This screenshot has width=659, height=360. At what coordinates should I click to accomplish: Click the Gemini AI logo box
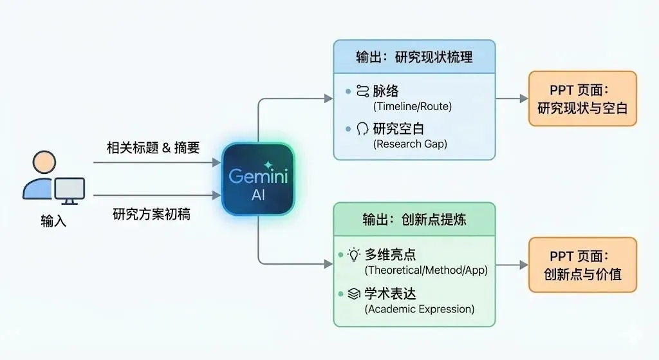[x=258, y=179]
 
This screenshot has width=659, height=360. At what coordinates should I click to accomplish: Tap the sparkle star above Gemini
[x=268, y=165]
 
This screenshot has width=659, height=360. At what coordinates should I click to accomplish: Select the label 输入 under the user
[x=53, y=222]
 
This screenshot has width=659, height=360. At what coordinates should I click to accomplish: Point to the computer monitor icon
[x=70, y=190]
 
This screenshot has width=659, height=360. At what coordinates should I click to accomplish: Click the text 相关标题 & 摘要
[x=153, y=147]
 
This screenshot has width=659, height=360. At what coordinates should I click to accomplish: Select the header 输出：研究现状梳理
[x=414, y=57]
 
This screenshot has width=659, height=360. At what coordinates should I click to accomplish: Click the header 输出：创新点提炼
[x=414, y=220]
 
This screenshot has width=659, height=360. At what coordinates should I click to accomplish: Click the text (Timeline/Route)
[x=412, y=106]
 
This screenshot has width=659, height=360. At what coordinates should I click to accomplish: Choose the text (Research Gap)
[x=410, y=144]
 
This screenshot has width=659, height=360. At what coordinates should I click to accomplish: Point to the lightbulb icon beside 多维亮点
[x=353, y=255]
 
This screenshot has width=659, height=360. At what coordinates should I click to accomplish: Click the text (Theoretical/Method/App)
[x=426, y=270]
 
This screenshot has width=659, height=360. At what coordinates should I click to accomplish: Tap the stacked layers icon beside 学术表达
[x=353, y=294]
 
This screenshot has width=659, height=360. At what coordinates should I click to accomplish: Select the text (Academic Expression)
[x=419, y=309]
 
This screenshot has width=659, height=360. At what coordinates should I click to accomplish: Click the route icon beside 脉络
[x=362, y=91]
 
